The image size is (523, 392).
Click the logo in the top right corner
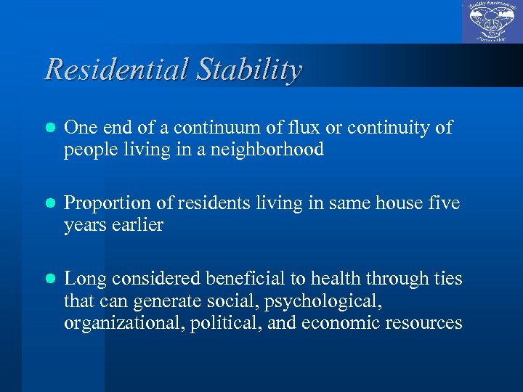click(492, 22)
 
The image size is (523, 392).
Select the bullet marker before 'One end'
click(49, 128)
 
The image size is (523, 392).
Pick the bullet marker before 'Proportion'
click(49, 204)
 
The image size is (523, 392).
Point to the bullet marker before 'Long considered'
click(49, 279)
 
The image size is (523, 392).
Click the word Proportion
click(106, 204)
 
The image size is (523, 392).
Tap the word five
click(446, 204)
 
